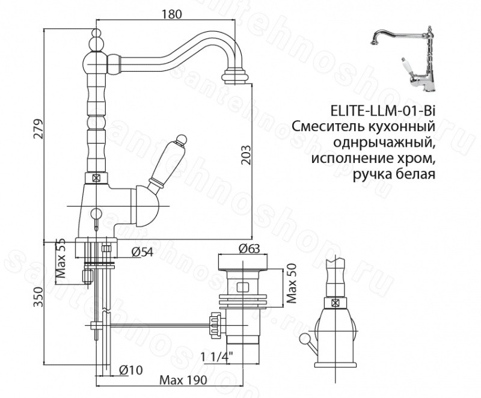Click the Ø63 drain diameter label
click(x=249, y=248)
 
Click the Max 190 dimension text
click(x=184, y=380)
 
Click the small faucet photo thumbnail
click(x=403, y=57)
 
